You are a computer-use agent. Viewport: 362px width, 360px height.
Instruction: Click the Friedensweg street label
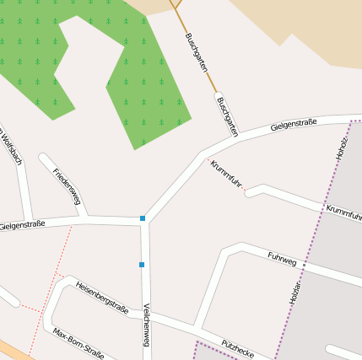pyautogui.click(x=67, y=186)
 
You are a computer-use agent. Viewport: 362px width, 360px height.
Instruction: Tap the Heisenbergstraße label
pyautogui.click(x=102, y=298)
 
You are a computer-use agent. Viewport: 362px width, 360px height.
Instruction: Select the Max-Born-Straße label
pyautogui.click(x=78, y=343)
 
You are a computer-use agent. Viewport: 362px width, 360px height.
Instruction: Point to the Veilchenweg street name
pyautogui.click(x=147, y=325)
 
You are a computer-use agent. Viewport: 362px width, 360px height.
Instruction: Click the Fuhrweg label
pyautogui.click(x=282, y=259)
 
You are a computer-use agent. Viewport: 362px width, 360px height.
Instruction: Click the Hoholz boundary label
pyautogui.click(x=342, y=146)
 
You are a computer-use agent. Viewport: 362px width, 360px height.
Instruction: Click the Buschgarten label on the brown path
pyautogui.click(x=196, y=52)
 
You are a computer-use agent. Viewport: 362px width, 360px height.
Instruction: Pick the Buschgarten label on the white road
pyautogui.click(x=227, y=116)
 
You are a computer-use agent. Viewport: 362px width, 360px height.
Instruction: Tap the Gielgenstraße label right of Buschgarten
pyautogui.click(x=294, y=126)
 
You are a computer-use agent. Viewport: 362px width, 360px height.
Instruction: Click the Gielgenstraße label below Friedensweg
pyautogui.click(x=22, y=225)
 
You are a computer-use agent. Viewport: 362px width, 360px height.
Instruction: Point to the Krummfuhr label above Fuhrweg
pyautogui.click(x=343, y=211)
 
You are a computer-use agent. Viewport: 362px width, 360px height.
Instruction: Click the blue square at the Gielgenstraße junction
pyautogui.click(x=143, y=219)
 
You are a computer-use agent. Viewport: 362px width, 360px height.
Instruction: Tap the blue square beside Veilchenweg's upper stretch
pyautogui.click(x=142, y=265)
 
